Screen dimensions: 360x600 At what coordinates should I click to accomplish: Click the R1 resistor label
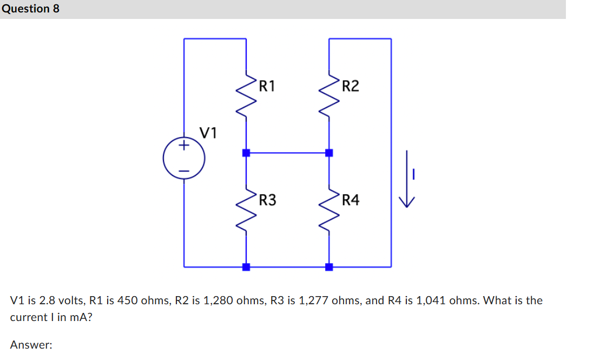point(267,86)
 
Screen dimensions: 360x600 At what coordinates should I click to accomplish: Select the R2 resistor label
point(350,86)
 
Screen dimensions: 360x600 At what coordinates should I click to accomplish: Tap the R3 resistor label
point(267,200)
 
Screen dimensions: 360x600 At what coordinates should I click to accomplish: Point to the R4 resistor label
point(350,200)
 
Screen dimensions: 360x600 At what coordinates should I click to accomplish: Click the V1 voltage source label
point(208,133)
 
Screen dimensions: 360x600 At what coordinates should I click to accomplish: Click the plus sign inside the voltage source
point(184,145)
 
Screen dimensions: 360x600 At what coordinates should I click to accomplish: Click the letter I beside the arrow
point(413,174)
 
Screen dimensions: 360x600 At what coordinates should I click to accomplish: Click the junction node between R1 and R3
point(246,153)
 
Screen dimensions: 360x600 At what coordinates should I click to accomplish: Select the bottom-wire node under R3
point(246,266)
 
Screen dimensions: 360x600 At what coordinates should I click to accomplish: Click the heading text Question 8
point(30,9)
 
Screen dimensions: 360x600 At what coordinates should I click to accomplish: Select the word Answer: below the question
point(31,344)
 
